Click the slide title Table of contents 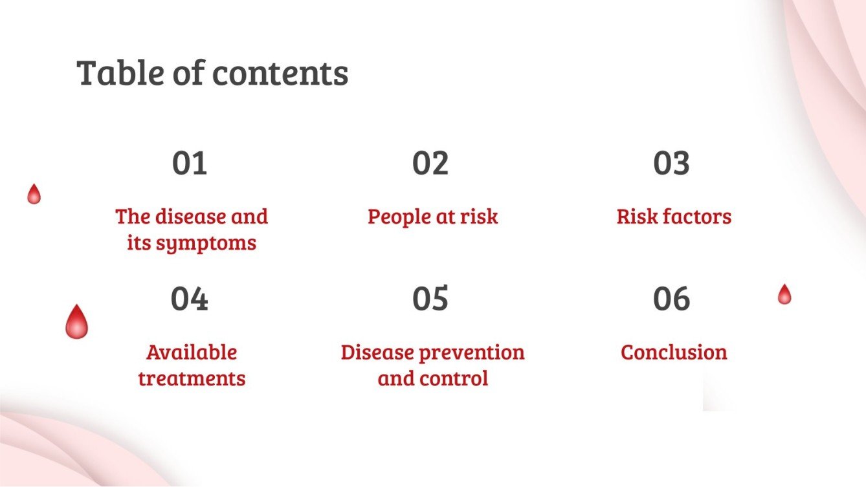[x=212, y=72]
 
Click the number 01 [x=190, y=164]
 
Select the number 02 [x=430, y=164]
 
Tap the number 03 [x=671, y=164]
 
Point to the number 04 [x=190, y=299]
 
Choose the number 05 [x=430, y=299]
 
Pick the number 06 [x=671, y=299]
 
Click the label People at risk [x=432, y=216]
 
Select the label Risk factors [x=674, y=216]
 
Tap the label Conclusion [x=674, y=352]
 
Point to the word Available [x=192, y=352]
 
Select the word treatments [x=192, y=378]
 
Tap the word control [x=458, y=378]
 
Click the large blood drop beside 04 [x=76, y=322]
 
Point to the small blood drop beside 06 [x=784, y=294]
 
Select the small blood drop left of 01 [x=34, y=194]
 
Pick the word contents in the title [x=280, y=72]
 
